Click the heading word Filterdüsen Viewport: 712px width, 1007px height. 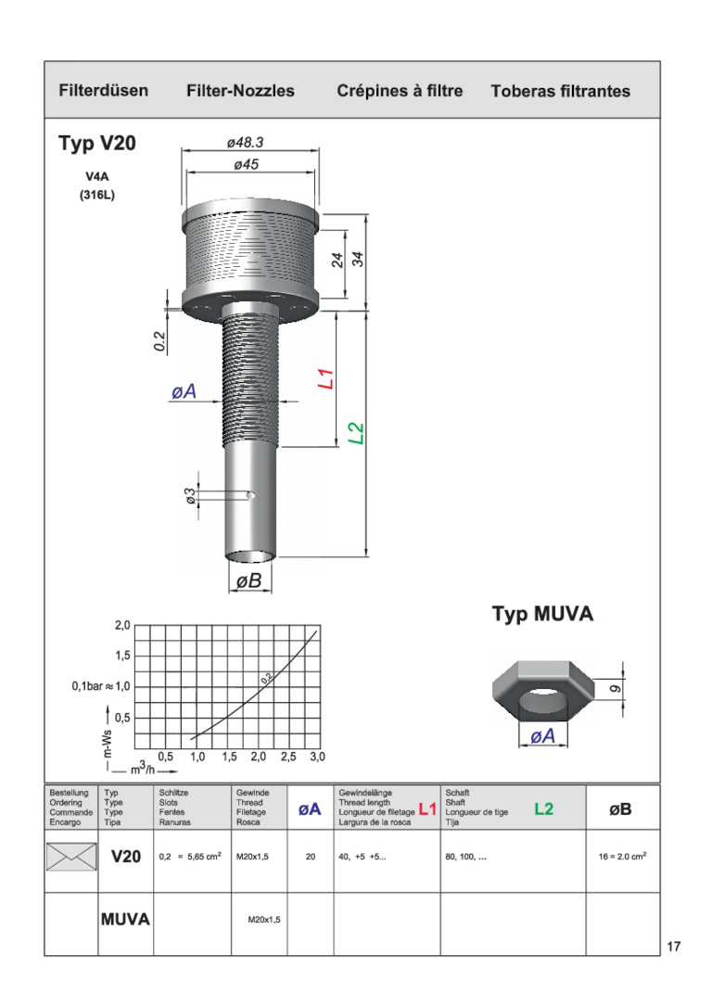(103, 91)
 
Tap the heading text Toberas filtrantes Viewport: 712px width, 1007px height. (561, 91)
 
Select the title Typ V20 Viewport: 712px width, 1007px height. (97, 143)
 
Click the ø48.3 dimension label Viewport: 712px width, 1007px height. (246, 142)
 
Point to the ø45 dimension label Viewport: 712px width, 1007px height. (247, 164)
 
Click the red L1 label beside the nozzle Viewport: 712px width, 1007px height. (326, 378)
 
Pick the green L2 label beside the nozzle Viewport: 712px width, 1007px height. (356, 433)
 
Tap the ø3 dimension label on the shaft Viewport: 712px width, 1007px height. (190, 495)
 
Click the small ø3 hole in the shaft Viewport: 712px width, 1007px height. (250, 495)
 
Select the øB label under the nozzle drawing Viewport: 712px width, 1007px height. (249, 581)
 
